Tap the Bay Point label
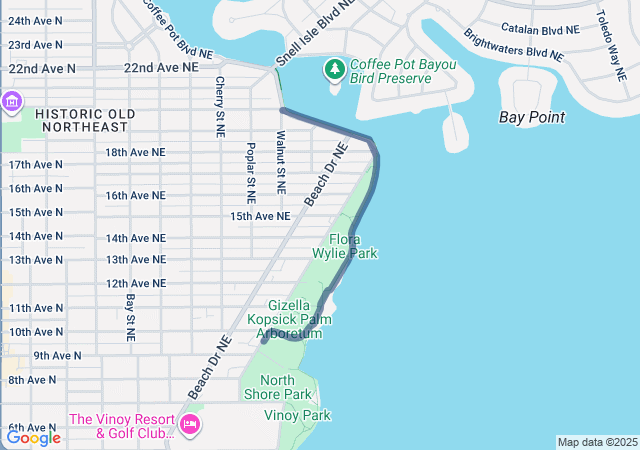pyautogui.click(x=531, y=117)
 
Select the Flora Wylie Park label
pyautogui.click(x=344, y=247)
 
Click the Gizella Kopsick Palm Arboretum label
pyautogui.click(x=295, y=319)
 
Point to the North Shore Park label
pyautogui.click(x=292, y=387)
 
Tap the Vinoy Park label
pyautogui.click(x=297, y=415)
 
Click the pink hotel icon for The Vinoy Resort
pyautogui.click(x=189, y=425)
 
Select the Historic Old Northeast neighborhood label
pyautogui.click(x=81, y=120)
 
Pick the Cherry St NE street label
pyautogui.click(x=219, y=107)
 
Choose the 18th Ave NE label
pyautogui.click(x=135, y=152)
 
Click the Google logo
pyautogui.click(x=33, y=437)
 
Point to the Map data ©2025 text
pyautogui.click(x=595, y=442)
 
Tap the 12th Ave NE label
pyautogui.click(x=135, y=284)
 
